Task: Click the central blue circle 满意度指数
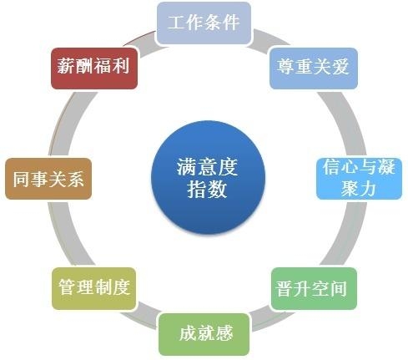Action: click(x=208, y=177)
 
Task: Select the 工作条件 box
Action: click(x=204, y=23)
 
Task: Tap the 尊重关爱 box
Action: click(x=314, y=68)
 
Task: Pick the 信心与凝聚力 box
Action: click(x=360, y=179)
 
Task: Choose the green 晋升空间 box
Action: click(x=314, y=288)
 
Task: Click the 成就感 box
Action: click(x=204, y=334)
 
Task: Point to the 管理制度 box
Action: click(x=94, y=288)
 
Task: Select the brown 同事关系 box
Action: click(x=48, y=179)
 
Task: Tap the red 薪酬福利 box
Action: click(x=94, y=68)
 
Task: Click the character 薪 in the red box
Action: click(x=66, y=66)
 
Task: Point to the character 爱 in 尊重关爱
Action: click(x=340, y=66)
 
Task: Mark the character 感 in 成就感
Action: click(x=224, y=333)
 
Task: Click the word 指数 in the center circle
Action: click(x=207, y=190)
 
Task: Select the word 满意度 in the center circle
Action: click(x=207, y=167)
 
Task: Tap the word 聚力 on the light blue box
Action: click(x=359, y=188)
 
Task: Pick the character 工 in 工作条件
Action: click(x=177, y=23)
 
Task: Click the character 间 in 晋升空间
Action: click(x=338, y=288)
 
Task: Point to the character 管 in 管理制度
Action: click(x=68, y=287)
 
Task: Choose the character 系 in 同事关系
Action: click(x=75, y=179)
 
